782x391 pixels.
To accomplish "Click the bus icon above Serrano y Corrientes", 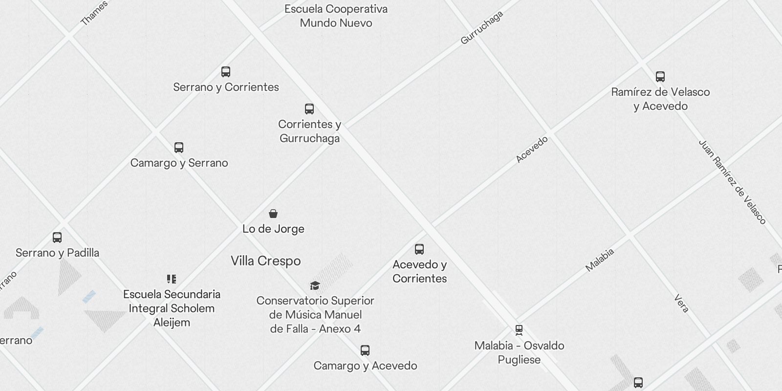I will tap(225, 72).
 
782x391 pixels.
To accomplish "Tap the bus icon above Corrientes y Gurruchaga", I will tap(309, 109).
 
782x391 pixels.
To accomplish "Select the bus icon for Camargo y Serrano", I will tap(179, 148).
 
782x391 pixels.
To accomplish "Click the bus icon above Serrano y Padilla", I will tap(57, 238).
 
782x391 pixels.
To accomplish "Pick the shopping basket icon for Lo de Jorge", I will tap(273, 214).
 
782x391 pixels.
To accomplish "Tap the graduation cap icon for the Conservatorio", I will tap(315, 285).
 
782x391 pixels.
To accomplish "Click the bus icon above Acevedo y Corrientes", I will tap(419, 249).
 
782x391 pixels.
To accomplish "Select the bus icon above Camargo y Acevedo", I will tap(365, 350).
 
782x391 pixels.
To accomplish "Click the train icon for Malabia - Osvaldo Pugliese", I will tap(519, 330).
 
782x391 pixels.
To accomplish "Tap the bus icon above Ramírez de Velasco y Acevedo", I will tap(660, 77).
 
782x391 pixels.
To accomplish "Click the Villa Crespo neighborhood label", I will tap(265, 261).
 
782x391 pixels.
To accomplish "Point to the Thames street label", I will tap(94, 13).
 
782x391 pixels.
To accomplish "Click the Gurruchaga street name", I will tap(482, 28).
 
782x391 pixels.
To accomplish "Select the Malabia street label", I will tap(600, 260).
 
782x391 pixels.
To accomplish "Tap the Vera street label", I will tap(681, 304).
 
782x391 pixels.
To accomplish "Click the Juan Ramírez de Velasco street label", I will tap(732, 182).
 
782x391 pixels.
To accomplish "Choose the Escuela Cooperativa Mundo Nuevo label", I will tap(336, 16).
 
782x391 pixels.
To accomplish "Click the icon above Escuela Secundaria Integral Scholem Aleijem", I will tap(171, 279).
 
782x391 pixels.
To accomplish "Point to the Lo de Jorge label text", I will tap(273, 229).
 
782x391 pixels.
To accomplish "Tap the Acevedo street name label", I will tap(532, 150).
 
